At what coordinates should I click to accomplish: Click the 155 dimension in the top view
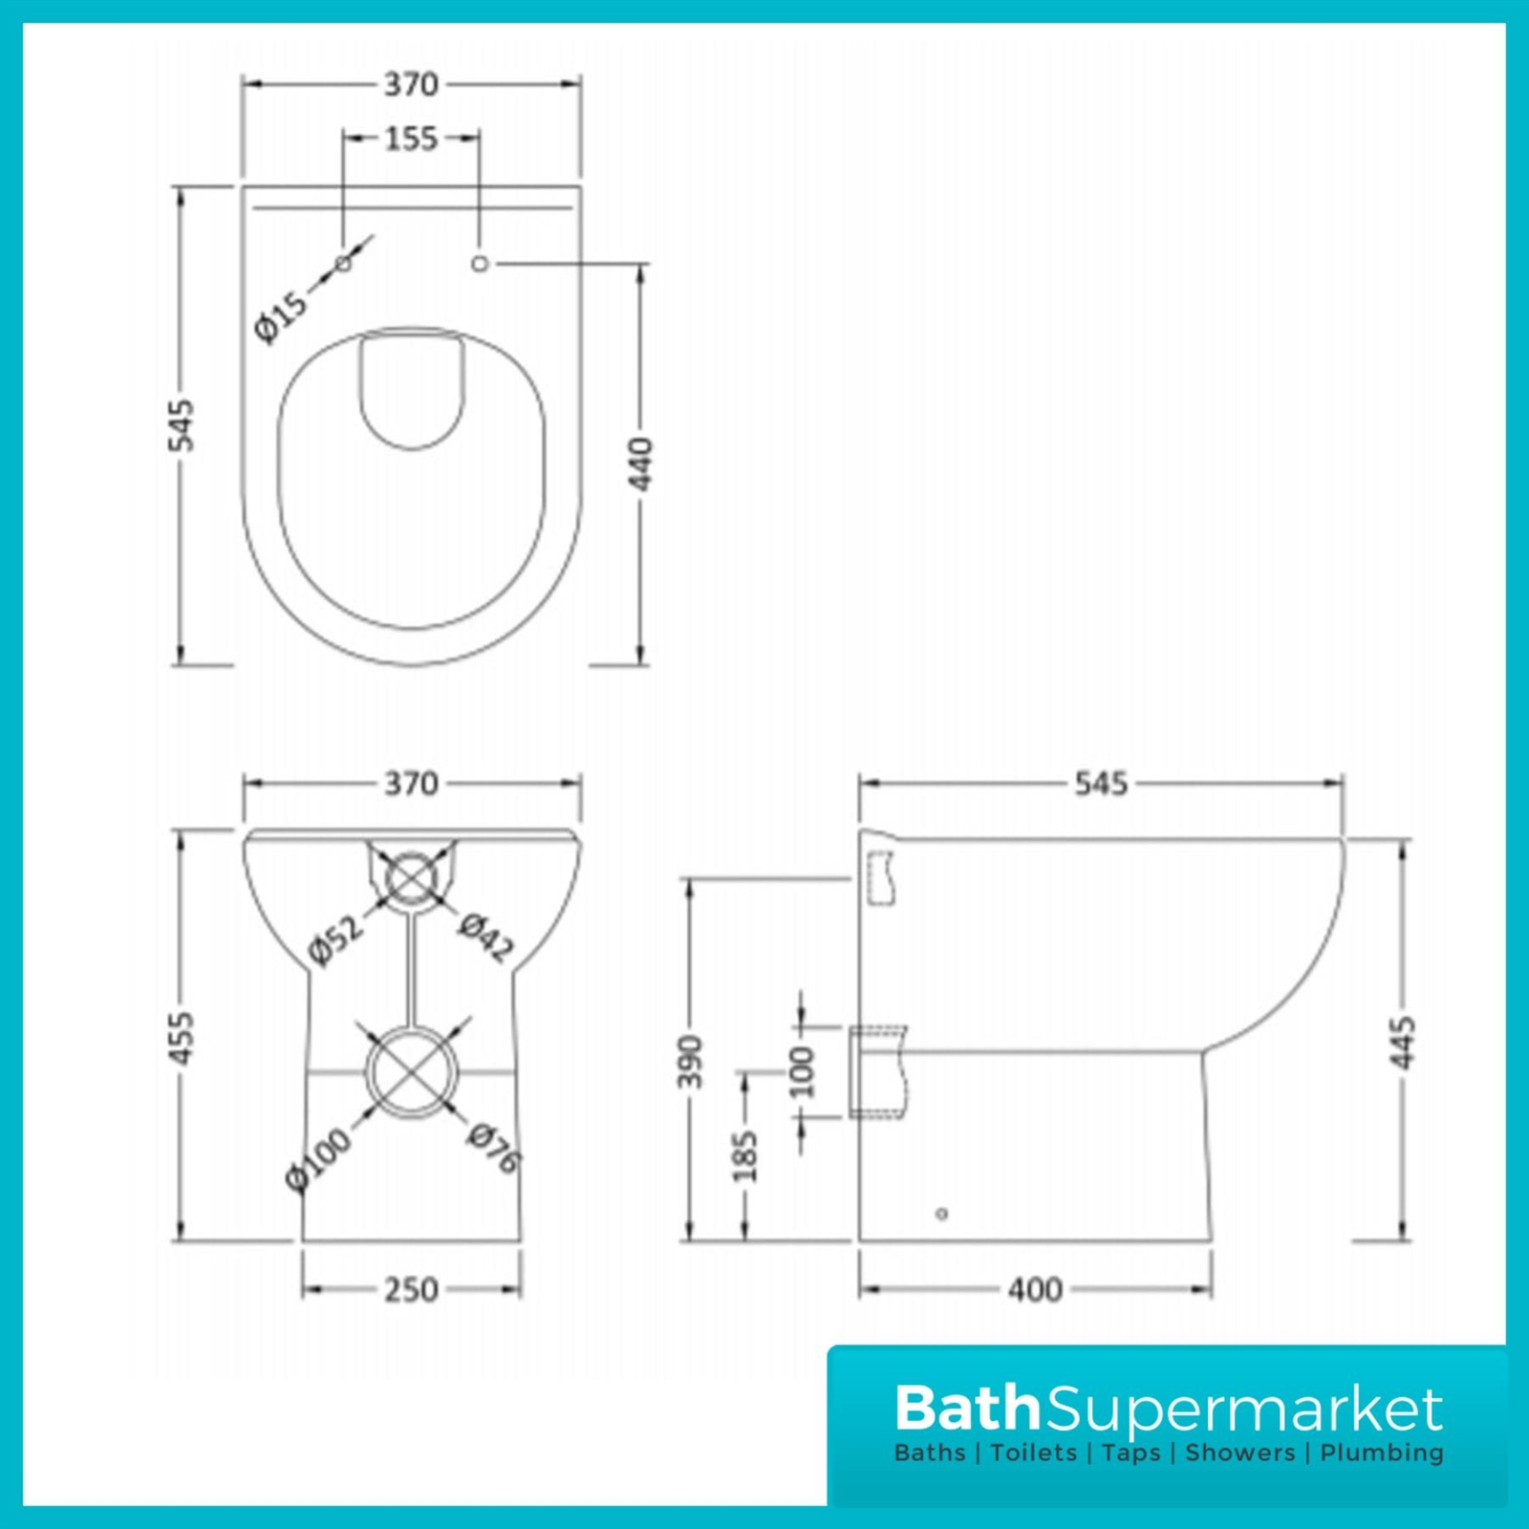pos(411,139)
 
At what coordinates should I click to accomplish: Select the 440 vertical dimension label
pos(640,464)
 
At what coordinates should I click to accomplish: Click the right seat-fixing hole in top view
pos(480,263)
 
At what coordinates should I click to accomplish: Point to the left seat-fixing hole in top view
pos(343,263)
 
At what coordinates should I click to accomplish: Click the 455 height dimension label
pos(182,1037)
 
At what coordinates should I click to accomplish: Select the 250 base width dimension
pos(411,1290)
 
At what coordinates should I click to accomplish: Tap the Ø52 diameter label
pos(336,940)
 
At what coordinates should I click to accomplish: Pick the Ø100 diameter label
pos(318,1159)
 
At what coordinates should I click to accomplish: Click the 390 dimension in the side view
pos(690,1061)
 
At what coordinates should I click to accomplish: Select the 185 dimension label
pos(745,1156)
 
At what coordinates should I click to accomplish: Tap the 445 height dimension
pos(1403,1044)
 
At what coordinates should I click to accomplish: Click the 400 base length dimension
pos(1035,1290)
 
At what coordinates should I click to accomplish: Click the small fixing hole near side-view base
pos(941,1214)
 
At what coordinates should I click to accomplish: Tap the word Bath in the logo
pos(967,1408)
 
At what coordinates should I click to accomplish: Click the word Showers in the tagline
pos(1239,1454)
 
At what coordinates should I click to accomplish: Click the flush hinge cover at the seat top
pos(412,387)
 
